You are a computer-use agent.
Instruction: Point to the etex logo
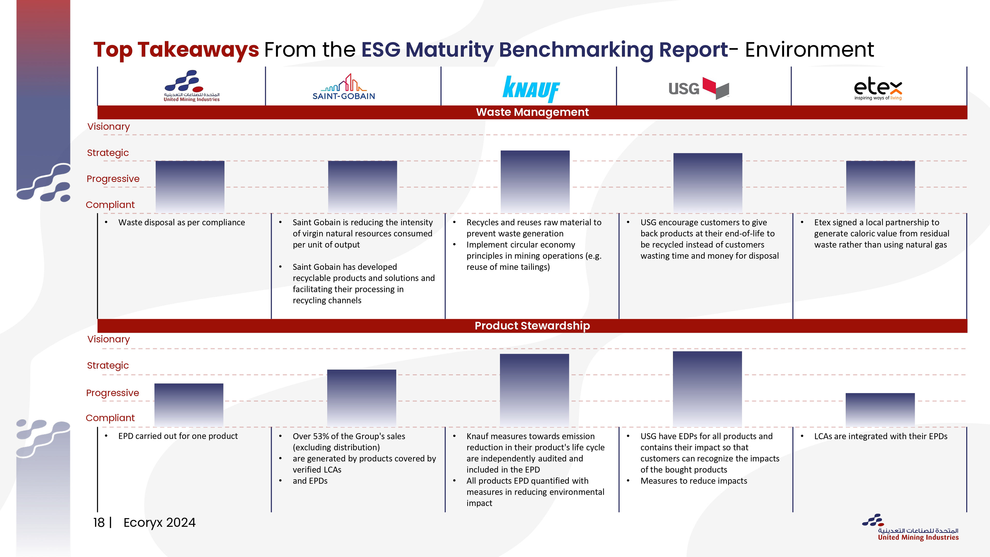pyautogui.click(x=878, y=89)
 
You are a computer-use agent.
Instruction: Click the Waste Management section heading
pyautogui.click(x=532, y=112)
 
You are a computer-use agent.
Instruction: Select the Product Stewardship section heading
pyautogui.click(x=532, y=326)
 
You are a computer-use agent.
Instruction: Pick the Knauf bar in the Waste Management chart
pyautogui.click(x=535, y=182)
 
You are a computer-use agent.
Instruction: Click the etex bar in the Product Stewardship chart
pyautogui.click(x=880, y=410)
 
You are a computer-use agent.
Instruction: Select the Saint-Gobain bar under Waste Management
pyautogui.click(x=362, y=187)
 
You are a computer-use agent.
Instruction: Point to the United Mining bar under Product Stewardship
pyautogui.click(x=189, y=405)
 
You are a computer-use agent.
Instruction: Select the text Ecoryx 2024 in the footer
pyautogui.click(x=160, y=523)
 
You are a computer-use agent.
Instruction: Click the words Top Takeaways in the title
pyautogui.click(x=176, y=50)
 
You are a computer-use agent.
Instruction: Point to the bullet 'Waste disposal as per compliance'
pyautogui.click(x=181, y=223)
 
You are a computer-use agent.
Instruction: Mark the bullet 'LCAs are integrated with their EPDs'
pyautogui.click(x=880, y=436)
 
